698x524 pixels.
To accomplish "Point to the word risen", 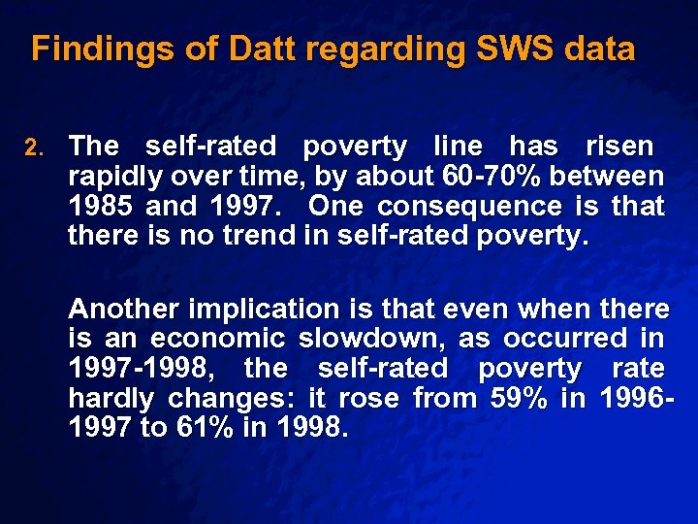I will tap(619, 147).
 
